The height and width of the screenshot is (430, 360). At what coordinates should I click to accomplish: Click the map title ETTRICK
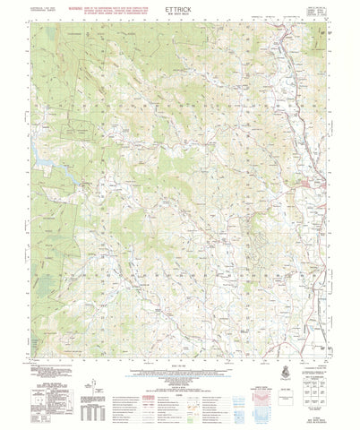click(x=179, y=14)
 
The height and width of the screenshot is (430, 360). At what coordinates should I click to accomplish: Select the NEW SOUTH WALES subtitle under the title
click(x=179, y=21)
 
